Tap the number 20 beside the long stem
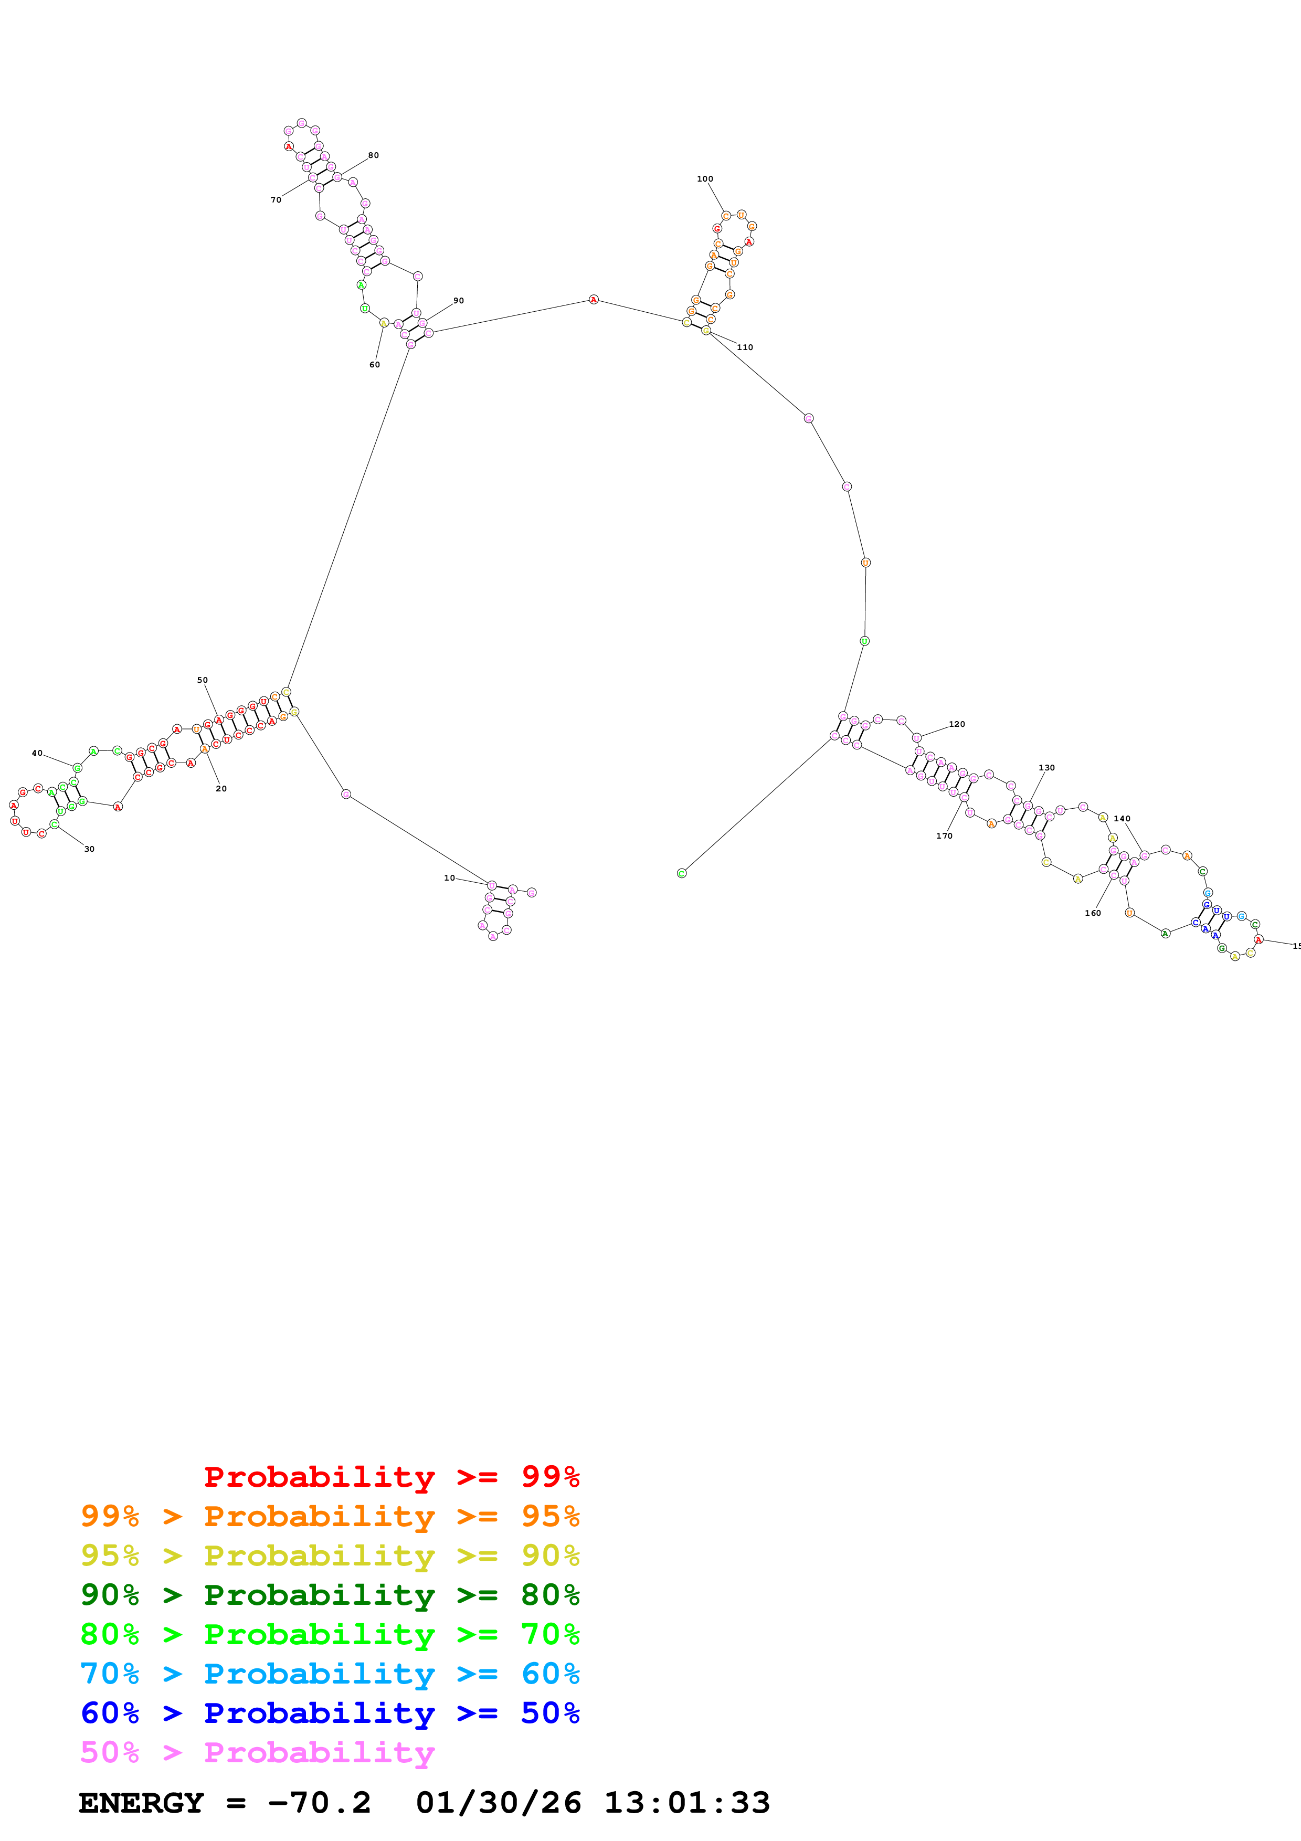click(221, 788)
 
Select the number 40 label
click(37, 753)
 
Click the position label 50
click(202, 680)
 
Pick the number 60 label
click(374, 365)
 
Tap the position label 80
click(374, 155)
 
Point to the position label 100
click(705, 179)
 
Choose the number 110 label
click(745, 347)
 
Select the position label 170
click(944, 835)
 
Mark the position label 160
click(1093, 913)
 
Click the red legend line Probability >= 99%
click(391, 1476)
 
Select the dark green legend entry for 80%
click(330, 1595)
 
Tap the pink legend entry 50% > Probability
click(257, 1752)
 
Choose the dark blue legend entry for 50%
click(330, 1713)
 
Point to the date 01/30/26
click(498, 1803)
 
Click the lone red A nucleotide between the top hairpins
click(593, 300)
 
